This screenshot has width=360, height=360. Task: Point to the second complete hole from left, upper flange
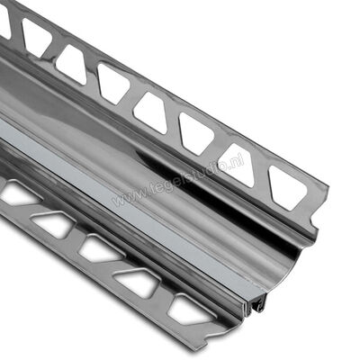[x=71, y=60]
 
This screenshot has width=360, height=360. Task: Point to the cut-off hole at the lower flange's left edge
[x=12, y=193]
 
